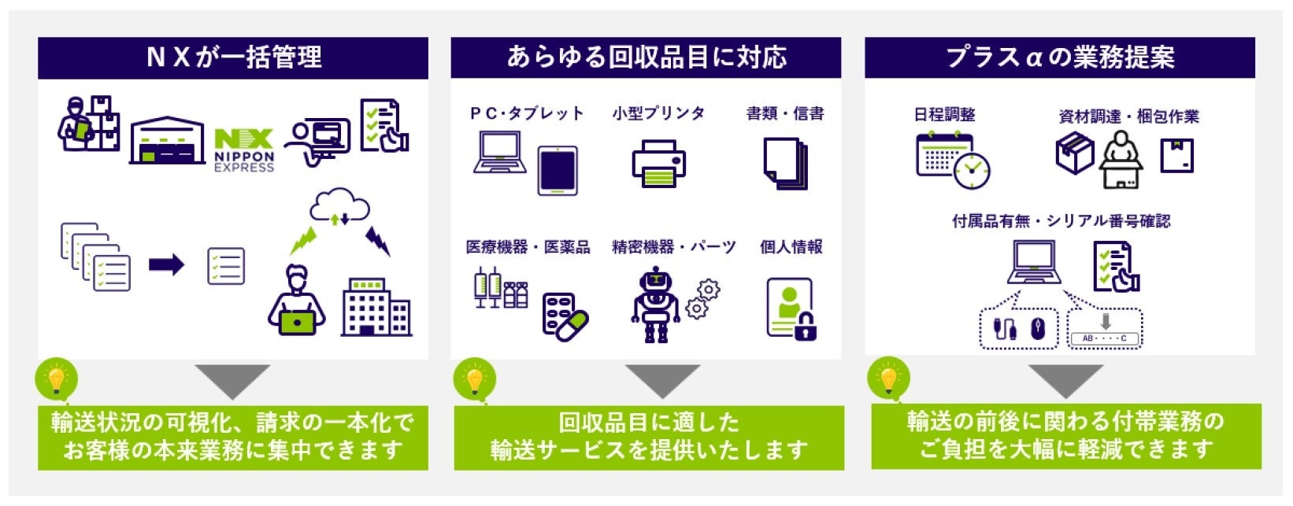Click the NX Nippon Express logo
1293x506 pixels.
[x=244, y=150]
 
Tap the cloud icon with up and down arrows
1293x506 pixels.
[x=339, y=206]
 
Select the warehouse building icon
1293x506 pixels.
[x=167, y=141]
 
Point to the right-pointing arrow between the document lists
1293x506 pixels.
[x=166, y=264]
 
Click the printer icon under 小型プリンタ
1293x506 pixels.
[x=658, y=163]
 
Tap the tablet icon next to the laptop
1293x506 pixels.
[x=558, y=170]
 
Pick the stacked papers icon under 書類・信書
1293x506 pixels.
[x=785, y=163]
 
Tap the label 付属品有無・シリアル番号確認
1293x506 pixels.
[x=1061, y=221]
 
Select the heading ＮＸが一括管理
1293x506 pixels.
[x=234, y=57]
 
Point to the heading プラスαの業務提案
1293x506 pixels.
[x=1060, y=57]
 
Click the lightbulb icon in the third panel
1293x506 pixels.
[x=888, y=379]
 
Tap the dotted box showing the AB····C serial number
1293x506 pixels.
[x=1104, y=329]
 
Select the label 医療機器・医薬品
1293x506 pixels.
[x=528, y=247]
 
